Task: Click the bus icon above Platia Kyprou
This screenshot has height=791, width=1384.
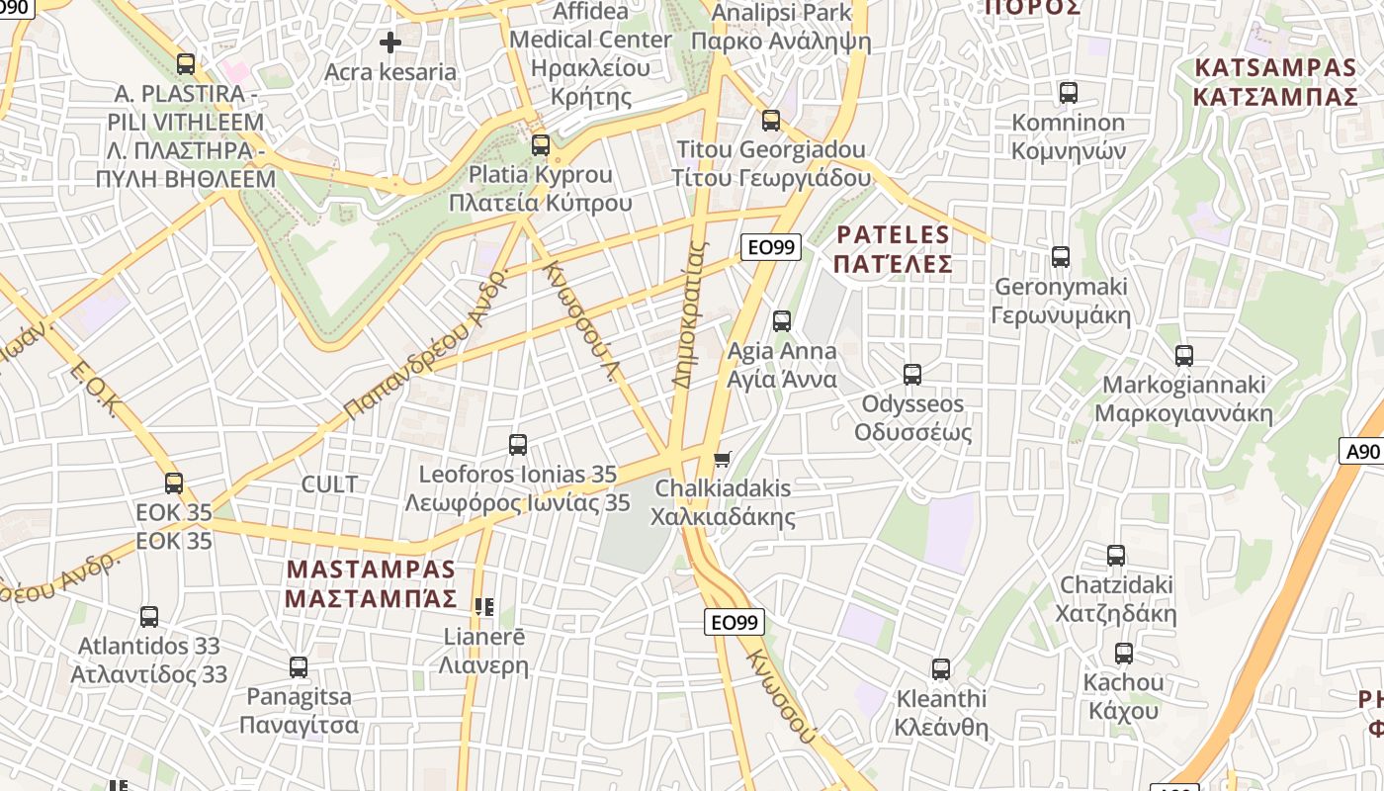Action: click(x=540, y=145)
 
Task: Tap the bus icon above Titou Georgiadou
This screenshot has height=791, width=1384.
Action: click(x=770, y=121)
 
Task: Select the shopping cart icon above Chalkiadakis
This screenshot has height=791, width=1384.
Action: click(x=723, y=459)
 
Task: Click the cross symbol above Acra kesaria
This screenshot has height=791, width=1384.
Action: click(x=390, y=43)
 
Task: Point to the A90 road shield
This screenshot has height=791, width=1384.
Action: click(x=1363, y=452)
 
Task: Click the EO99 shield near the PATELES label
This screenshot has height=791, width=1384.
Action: click(x=771, y=247)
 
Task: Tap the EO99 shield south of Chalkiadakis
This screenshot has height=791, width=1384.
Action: click(x=735, y=622)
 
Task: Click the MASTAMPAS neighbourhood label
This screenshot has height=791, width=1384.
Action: click(x=371, y=584)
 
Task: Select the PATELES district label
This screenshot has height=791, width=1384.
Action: click(x=893, y=249)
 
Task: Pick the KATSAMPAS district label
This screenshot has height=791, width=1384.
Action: click(x=1275, y=82)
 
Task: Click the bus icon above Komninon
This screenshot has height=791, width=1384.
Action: click(x=1068, y=93)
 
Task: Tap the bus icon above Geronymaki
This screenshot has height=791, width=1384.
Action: click(x=1061, y=257)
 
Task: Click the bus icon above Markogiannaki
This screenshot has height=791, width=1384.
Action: click(x=1183, y=356)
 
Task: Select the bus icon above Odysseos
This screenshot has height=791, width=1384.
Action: click(x=911, y=375)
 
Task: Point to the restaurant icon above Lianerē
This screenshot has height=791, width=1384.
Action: click(x=483, y=607)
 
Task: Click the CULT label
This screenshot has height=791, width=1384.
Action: click(x=329, y=484)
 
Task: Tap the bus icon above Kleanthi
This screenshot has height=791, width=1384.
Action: click(x=940, y=669)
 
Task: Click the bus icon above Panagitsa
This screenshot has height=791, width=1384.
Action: click(x=298, y=667)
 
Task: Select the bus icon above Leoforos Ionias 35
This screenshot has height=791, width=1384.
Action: click(x=517, y=445)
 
